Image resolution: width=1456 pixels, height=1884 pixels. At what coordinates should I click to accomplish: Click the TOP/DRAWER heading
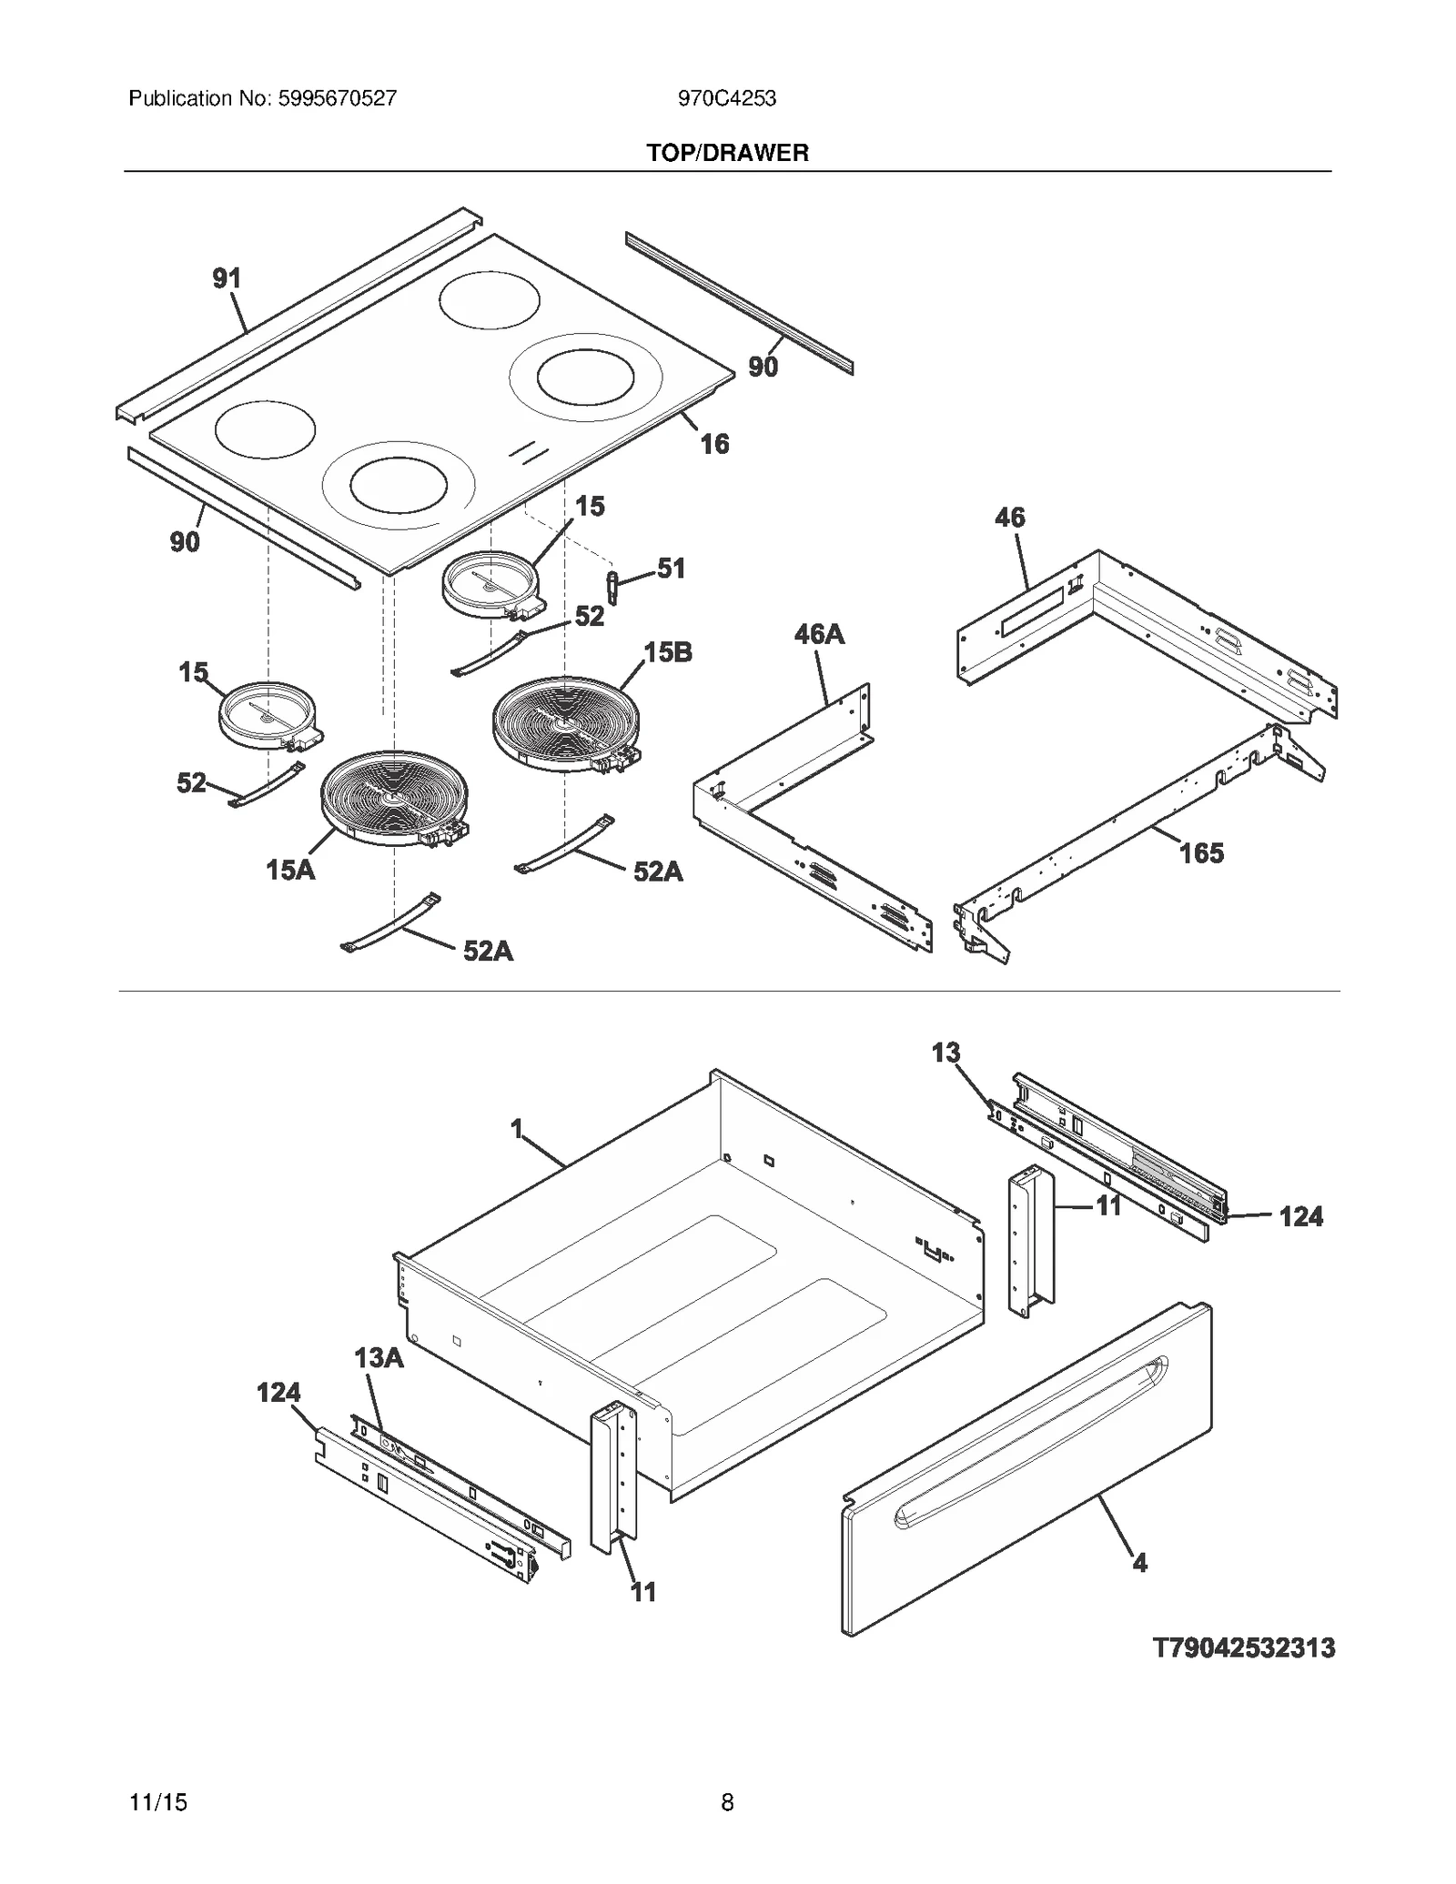[727, 153]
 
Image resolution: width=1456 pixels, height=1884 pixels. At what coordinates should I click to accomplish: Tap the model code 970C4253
[726, 98]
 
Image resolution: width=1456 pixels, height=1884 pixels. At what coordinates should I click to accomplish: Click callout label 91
[227, 278]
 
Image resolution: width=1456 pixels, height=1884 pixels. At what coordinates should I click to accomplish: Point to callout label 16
[714, 444]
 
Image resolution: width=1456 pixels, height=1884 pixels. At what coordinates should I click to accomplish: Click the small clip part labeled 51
[612, 587]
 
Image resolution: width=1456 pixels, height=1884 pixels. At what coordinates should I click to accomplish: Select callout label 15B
[667, 652]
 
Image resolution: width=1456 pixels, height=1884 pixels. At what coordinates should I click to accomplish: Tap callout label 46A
[819, 634]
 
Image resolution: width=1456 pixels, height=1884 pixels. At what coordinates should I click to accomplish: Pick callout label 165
[1201, 853]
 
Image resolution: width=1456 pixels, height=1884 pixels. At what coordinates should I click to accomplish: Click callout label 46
[1009, 518]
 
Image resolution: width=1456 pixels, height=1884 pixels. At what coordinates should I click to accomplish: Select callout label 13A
[379, 1358]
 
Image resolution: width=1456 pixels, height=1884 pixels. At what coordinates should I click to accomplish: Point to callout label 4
[1139, 1563]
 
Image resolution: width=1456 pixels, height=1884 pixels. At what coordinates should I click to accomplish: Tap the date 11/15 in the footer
[158, 1802]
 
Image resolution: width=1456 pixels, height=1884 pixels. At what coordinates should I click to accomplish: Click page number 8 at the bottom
[727, 1802]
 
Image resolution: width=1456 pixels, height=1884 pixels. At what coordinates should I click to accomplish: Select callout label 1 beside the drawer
[517, 1130]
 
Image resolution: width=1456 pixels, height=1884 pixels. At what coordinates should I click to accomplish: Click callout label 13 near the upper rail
[945, 1053]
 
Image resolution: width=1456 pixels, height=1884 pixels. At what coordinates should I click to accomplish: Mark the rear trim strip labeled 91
[300, 314]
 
